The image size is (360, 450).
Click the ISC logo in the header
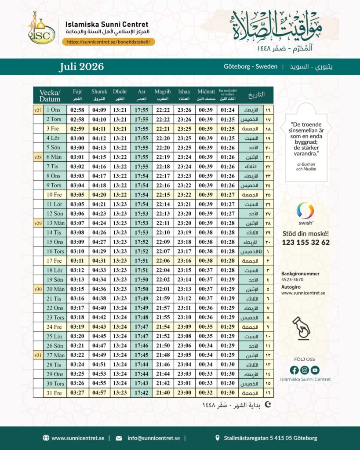tap(42, 29)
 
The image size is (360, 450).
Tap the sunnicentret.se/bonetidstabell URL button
tap(109, 42)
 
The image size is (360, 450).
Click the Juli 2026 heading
tap(81, 67)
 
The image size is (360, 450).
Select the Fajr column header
tap(77, 94)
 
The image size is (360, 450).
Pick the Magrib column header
tap(163, 94)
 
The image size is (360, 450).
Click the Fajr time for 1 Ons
tap(77, 110)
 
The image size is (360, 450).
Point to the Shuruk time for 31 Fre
tap(99, 393)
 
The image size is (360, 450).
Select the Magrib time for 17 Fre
tap(163, 261)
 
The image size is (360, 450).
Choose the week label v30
tap(38, 289)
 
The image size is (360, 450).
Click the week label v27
tap(38, 110)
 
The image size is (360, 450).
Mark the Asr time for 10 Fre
tap(142, 195)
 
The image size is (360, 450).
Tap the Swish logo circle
tap(305, 210)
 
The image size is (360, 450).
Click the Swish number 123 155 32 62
tap(305, 243)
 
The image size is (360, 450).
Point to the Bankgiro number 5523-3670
tap(292, 279)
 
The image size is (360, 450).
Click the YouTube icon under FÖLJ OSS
tap(315, 370)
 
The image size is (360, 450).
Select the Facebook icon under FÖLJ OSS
tap(295, 370)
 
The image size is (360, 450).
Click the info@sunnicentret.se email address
tap(153, 438)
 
